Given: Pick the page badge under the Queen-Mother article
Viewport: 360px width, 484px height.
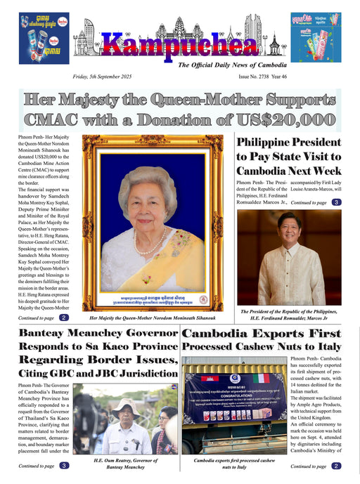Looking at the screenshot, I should (64, 318).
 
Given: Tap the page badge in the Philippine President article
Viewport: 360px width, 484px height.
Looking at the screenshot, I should (337, 202).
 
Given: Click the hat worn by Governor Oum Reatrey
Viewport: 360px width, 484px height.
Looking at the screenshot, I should (127, 405).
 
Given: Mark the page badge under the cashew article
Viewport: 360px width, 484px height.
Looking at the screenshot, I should (337, 466).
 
